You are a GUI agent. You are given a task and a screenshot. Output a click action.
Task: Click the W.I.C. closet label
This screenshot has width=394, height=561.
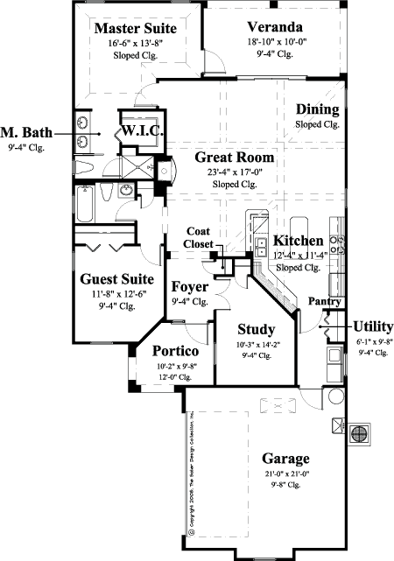pyautogui.click(x=139, y=131)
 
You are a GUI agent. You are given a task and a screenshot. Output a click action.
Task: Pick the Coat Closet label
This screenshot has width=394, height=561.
pyautogui.click(x=198, y=237)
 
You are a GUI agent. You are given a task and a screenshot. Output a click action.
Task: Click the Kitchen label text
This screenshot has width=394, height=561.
pyautogui.click(x=299, y=241)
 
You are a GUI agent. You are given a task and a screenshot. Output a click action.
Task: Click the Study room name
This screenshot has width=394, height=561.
pyautogui.click(x=257, y=330)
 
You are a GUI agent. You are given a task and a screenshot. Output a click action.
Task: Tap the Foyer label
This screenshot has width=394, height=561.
pyautogui.click(x=188, y=286)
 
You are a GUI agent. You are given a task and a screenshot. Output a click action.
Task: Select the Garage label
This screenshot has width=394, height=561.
pyautogui.click(x=285, y=459)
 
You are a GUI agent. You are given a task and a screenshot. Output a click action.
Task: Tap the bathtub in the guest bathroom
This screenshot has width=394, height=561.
pyautogui.click(x=86, y=204)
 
